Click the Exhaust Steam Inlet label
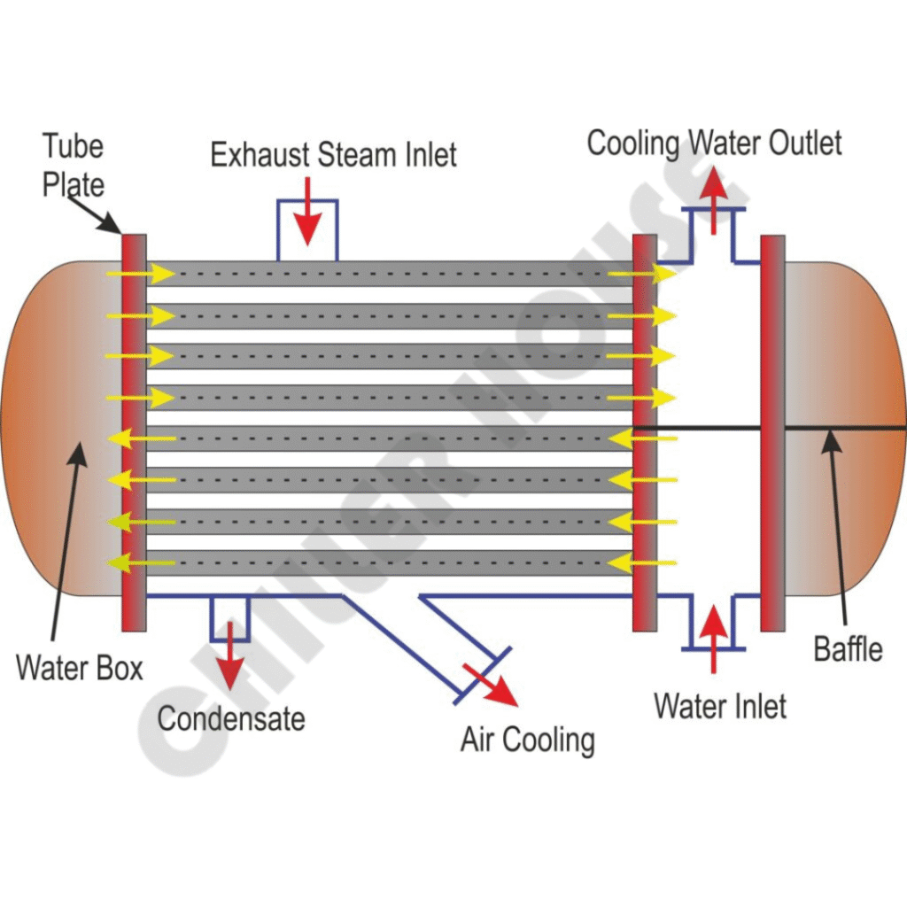tap(333, 155)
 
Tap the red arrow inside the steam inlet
tap(306, 213)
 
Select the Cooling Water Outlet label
tap(715, 143)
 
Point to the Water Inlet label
tap(720, 706)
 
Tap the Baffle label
tap(848, 649)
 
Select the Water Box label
tap(80, 667)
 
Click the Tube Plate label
tap(74, 165)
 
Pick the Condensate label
tap(231, 717)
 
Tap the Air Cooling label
tap(527, 739)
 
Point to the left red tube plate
tap(134, 432)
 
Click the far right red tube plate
tap(772, 432)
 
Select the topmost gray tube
tap(390, 274)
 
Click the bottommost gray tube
tap(390, 562)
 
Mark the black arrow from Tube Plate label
tap(95, 215)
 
